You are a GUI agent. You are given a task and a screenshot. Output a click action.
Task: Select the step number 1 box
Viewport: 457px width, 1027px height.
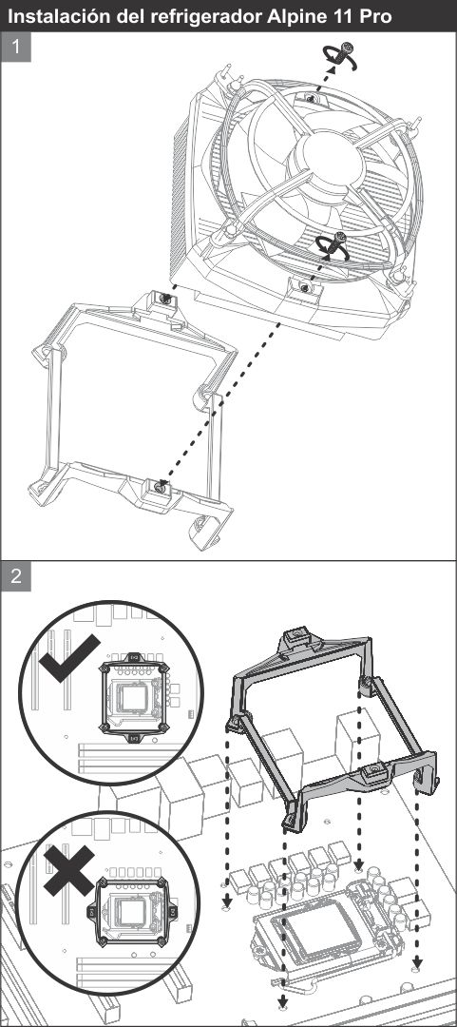(16, 48)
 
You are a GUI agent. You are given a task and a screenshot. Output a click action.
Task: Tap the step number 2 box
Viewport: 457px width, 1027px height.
(16, 575)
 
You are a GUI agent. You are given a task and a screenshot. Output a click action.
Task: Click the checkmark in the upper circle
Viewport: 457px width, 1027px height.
(68, 657)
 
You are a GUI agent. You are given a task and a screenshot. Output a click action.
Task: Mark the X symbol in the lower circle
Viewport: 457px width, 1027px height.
(69, 870)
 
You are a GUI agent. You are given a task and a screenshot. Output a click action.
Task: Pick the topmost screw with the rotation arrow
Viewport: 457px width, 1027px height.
(341, 56)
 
